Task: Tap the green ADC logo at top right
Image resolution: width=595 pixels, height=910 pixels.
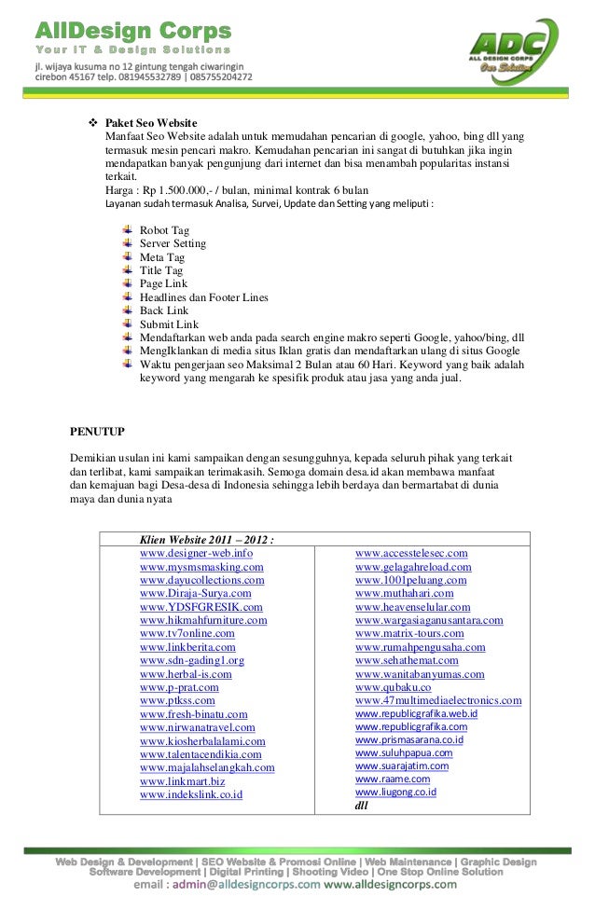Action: pos(512,50)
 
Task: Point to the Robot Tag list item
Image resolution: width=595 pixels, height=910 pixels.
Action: pos(164,230)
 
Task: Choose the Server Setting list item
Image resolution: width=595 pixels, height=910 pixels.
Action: pos(173,243)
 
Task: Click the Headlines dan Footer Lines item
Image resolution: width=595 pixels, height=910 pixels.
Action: pos(203,297)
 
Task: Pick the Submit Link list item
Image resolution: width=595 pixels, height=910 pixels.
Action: pos(169,324)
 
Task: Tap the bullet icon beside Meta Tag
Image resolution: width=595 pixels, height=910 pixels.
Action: pos(127,257)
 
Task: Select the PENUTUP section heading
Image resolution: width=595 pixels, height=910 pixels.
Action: pos(98,432)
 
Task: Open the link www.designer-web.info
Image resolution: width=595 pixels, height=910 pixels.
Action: pos(196,554)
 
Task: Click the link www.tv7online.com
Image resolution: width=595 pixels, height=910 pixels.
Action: pos(187,634)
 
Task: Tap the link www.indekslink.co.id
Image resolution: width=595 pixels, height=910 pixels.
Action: pos(191,794)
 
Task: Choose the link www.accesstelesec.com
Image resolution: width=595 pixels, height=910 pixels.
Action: pos(411,554)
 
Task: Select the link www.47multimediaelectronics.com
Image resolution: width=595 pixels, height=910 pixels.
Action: pos(438,701)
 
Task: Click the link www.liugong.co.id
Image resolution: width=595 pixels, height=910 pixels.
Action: pos(395,792)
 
